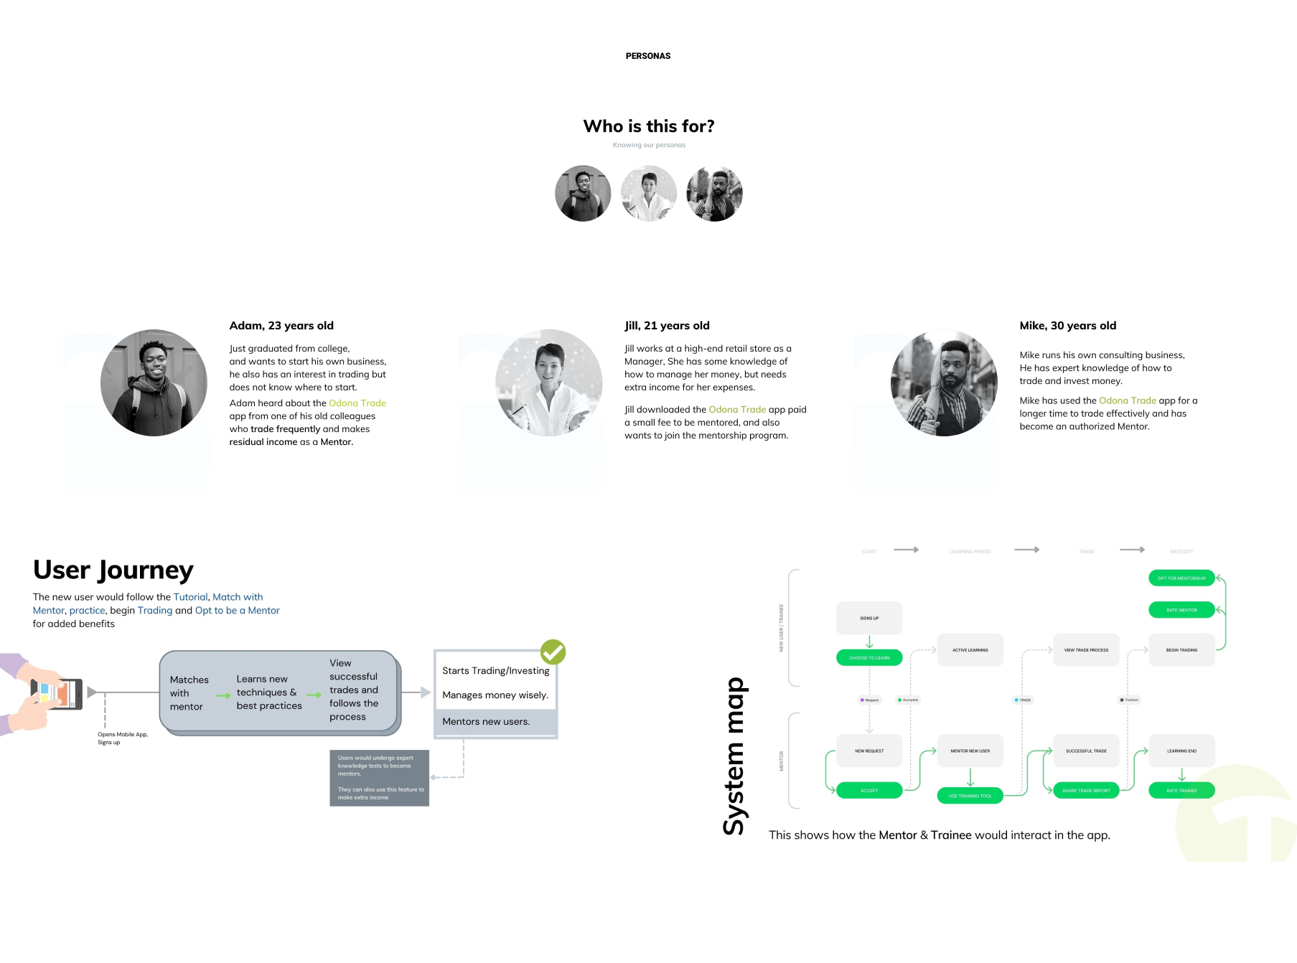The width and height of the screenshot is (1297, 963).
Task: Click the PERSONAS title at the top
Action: [647, 56]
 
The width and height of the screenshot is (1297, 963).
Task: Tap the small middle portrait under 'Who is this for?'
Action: [649, 194]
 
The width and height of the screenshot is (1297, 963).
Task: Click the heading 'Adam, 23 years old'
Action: [281, 326]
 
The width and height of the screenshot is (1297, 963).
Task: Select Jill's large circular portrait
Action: [549, 382]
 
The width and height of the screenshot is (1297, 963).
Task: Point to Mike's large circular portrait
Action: [944, 382]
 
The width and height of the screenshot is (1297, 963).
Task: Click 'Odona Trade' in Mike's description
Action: [1127, 400]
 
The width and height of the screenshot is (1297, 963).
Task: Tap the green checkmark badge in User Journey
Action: [553, 652]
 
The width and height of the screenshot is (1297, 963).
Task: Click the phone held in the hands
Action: [56, 694]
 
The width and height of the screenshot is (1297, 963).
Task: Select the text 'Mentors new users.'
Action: [486, 722]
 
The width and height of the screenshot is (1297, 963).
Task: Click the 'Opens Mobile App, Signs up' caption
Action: [123, 738]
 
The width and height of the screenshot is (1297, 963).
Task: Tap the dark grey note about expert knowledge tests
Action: [379, 778]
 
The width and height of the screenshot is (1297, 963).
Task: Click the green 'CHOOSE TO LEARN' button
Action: [869, 657]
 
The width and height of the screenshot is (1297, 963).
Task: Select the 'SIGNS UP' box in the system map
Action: [869, 618]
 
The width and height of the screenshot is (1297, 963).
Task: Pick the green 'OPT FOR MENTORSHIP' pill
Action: [1181, 578]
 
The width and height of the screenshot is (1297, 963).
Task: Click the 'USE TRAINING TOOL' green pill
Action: [970, 796]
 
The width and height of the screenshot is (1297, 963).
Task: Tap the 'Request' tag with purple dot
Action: [869, 700]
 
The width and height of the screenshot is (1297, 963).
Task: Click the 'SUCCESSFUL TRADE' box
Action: [1086, 751]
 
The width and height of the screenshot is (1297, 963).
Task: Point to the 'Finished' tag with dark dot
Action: [1129, 700]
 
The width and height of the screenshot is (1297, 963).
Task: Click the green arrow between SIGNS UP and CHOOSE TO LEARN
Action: [869, 642]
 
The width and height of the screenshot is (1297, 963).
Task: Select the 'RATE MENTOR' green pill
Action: [1181, 610]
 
